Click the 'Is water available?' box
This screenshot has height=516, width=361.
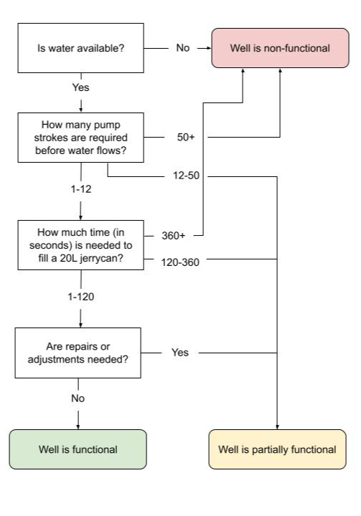tap(81, 48)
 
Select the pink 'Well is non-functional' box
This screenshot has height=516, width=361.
tap(280, 48)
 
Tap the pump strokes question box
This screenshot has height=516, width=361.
tap(81, 138)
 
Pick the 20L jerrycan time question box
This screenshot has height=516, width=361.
tap(81, 245)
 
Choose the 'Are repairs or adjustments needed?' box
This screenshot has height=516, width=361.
tap(78, 353)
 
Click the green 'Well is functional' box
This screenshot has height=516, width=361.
tap(78, 449)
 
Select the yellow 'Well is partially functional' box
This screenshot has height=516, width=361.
tap(277, 449)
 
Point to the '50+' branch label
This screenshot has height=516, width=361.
tap(186, 137)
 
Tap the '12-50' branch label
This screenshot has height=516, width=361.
tap(187, 176)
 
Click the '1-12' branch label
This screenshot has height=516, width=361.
tap(81, 189)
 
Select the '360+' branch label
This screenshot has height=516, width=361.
tap(174, 236)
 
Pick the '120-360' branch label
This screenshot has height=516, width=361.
tap(180, 262)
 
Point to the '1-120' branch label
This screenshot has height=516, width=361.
tap(81, 297)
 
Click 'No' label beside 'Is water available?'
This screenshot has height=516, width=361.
tap(183, 48)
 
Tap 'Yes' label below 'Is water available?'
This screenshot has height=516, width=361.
tap(81, 87)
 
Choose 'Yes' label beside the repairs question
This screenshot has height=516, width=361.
tap(180, 353)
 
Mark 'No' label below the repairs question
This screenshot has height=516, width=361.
tap(78, 398)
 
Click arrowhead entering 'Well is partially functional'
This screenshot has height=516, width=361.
tap(277, 427)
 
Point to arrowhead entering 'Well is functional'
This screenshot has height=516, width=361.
tap(78, 427)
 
